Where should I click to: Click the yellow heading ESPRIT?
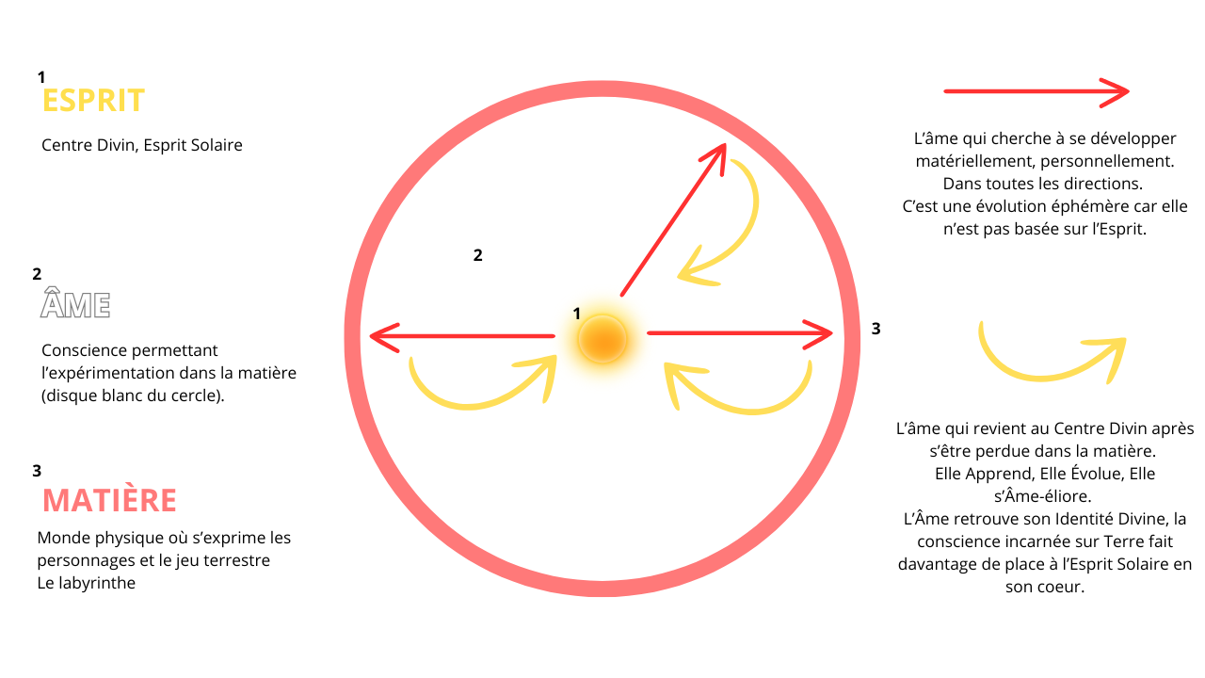click(93, 101)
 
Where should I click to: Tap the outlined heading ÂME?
click(76, 304)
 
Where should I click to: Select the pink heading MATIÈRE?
click(110, 500)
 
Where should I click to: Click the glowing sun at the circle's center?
click(602, 338)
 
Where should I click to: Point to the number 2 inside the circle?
click(478, 255)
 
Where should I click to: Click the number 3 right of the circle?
click(876, 330)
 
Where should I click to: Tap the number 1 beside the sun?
click(577, 313)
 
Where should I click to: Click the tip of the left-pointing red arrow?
click(374, 336)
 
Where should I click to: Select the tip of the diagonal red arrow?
click(722, 147)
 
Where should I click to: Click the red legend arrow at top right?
click(1036, 91)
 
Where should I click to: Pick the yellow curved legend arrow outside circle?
click(1052, 358)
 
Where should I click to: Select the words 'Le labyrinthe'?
click(86, 583)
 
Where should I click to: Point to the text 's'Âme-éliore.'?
click(1044, 496)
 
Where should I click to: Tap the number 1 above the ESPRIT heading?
click(41, 76)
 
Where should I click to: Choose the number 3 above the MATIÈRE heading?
click(37, 470)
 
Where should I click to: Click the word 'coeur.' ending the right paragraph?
click(1045, 587)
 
